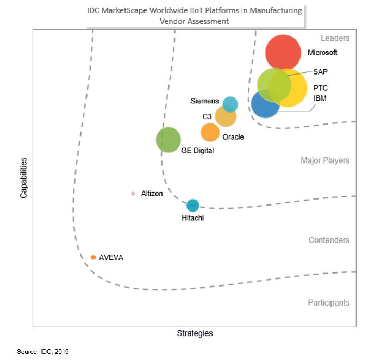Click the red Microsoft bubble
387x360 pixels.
click(283, 53)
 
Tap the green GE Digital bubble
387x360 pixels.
click(168, 140)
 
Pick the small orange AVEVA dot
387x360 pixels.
click(93, 257)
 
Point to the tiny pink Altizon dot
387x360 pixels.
click(133, 194)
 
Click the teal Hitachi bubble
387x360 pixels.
click(192, 206)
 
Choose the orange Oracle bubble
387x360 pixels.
click(210, 132)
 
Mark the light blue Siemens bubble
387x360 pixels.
click(230, 103)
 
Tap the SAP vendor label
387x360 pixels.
click(320, 71)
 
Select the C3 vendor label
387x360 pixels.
click(207, 116)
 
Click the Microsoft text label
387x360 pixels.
click(322, 53)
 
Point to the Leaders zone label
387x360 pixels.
click(335, 38)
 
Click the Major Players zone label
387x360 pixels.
click(324, 160)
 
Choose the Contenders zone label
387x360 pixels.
click(329, 240)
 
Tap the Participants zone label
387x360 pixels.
click(329, 302)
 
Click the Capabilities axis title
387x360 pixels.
click(24, 178)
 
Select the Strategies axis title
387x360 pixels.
click(195, 333)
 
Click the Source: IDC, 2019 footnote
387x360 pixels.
click(43, 352)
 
